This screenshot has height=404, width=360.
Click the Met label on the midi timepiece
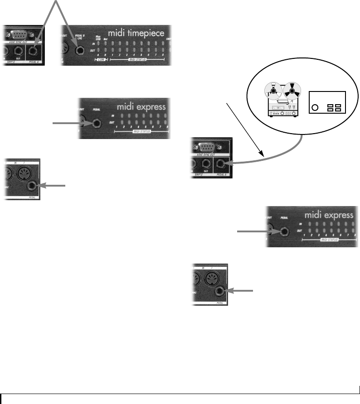(106, 39)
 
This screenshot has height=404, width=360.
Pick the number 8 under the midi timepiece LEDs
(163, 55)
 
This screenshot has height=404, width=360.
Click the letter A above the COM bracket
(98, 55)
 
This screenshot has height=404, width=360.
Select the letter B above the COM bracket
(106, 55)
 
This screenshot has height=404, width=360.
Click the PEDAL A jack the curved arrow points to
(222, 165)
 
